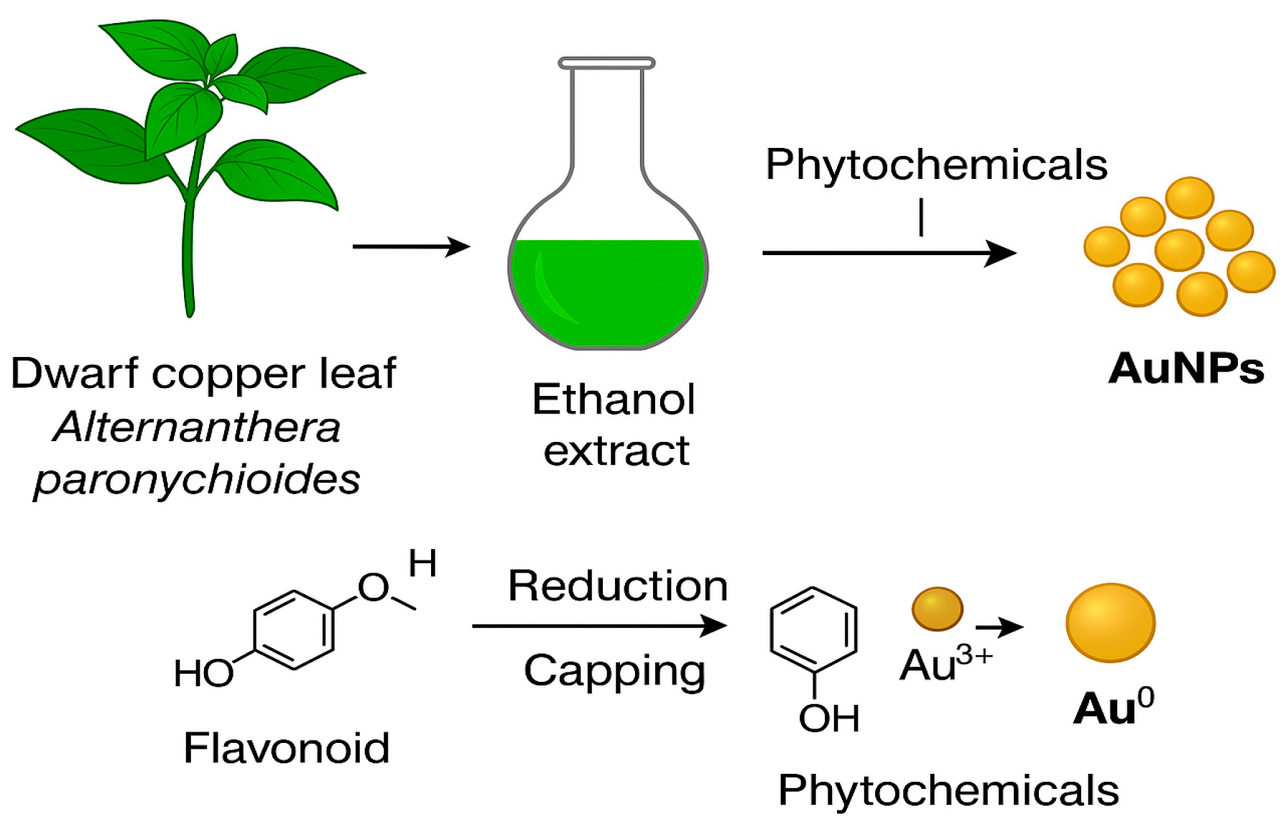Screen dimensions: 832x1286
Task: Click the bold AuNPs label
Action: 1185,369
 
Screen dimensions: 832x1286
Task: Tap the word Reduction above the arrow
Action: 618,586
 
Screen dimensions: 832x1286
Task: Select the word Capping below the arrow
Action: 614,671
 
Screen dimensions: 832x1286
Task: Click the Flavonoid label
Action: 287,748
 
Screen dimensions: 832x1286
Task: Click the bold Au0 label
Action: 1113,708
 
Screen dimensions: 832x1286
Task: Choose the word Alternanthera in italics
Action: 197,427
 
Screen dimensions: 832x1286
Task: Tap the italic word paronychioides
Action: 197,479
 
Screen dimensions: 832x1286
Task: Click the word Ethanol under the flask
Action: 614,399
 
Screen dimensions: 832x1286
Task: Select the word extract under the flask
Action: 616,451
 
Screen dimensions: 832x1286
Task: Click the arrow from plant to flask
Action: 411,246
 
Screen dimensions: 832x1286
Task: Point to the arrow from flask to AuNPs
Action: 889,253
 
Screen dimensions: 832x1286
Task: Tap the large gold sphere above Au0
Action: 1110,622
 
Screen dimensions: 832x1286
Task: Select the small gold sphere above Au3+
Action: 937,609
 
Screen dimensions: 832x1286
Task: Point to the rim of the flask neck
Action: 607,63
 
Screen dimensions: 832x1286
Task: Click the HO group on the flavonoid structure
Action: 203,674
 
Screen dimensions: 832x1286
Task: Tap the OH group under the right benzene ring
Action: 829,718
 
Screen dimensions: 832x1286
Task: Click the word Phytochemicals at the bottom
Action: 948,790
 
